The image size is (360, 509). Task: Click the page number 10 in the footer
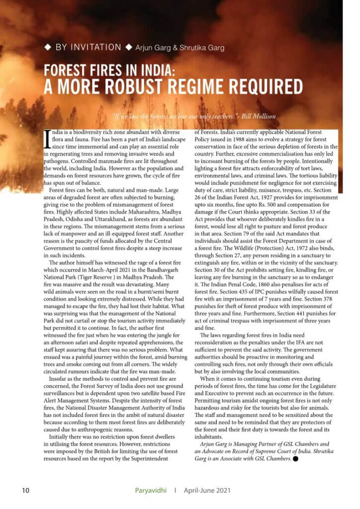[x=26, y=491]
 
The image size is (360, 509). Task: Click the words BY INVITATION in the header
[x=88, y=47]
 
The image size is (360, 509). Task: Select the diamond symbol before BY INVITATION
[x=48, y=47]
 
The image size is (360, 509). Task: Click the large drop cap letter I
[x=47, y=139]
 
